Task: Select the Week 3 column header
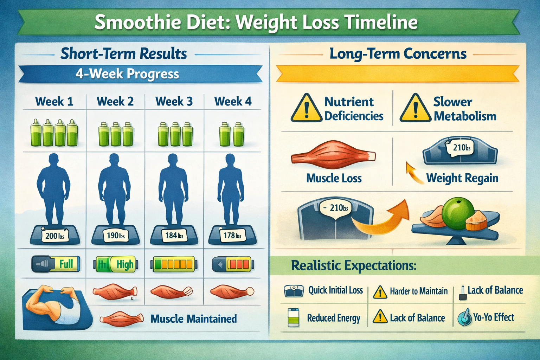[174, 102]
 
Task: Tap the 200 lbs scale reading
[55, 236]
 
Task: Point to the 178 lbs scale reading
[232, 235]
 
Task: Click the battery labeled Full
[56, 264]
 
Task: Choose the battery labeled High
[115, 264]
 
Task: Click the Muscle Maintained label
[193, 319]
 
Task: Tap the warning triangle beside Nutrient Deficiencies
[306, 108]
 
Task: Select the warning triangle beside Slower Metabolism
[415, 108]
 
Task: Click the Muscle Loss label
[334, 178]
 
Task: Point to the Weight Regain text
[462, 178]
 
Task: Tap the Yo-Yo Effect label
[493, 317]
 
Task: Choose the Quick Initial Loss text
[335, 290]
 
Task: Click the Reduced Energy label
[333, 318]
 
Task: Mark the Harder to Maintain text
[419, 291]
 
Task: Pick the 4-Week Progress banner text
[127, 74]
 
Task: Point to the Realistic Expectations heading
[354, 265]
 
